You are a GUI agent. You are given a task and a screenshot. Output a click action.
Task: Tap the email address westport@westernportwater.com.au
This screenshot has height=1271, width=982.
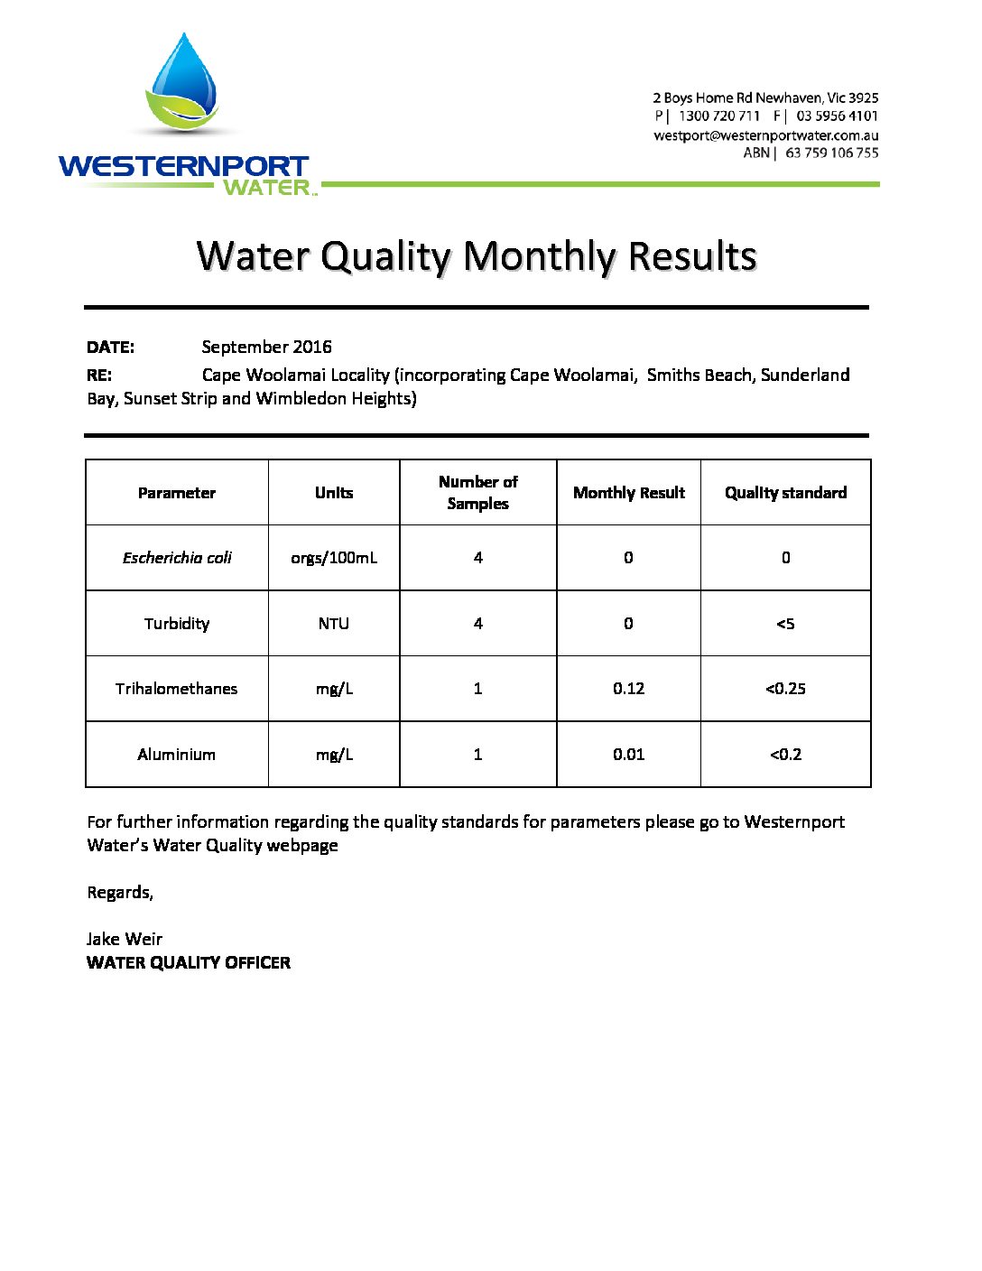click(765, 135)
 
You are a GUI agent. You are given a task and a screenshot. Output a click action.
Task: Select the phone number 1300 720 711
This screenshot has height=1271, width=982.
click(718, 116)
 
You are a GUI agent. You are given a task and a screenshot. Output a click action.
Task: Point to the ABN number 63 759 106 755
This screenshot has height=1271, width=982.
click(831, 153)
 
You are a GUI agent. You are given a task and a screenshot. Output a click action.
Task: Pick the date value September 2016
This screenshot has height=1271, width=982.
click(266, 348)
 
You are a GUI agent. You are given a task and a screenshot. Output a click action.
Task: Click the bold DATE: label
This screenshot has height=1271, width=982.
click(110, 348)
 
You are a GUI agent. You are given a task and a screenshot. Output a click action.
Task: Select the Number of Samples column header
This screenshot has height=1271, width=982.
click(477, 493)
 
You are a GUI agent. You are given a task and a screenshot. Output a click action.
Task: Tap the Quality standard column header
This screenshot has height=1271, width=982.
click(785, 493)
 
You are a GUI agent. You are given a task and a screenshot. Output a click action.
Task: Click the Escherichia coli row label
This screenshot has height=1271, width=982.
click(177, 558)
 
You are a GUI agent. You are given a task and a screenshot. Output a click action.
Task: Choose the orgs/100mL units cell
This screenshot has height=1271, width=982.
click(334, 558)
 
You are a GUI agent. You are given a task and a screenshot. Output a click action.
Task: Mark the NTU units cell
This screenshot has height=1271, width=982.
click(333, 624)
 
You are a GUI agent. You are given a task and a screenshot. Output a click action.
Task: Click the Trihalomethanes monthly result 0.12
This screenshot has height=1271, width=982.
click(628, 689)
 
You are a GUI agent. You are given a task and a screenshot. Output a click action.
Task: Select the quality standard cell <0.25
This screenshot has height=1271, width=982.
click(785, 689)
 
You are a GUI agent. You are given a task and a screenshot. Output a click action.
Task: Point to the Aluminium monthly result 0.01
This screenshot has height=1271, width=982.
click(628, 755)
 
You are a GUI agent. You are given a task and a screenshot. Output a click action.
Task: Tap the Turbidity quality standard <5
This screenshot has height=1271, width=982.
click(785, 624)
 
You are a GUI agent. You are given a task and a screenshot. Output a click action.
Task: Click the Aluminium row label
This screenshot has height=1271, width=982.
click(177, 755)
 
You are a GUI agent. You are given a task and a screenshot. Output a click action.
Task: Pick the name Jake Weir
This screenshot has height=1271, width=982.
click(125, 939)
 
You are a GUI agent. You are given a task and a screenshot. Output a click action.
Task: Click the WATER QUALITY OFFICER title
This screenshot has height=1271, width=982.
click(189, 963)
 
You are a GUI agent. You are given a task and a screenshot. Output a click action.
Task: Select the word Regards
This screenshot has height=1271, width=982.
click(119, 893)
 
